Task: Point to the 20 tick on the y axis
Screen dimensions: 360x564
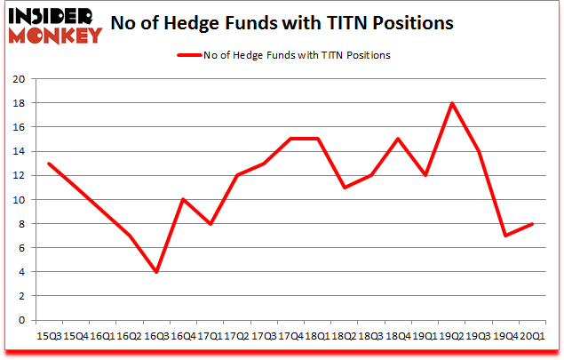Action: pyautogui.click(x=20, y=78)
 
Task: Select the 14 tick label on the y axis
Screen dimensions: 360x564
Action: pyautogui.click(x=20, y=151)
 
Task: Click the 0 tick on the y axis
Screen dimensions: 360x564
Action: pyautogui.click(x=23, y=321)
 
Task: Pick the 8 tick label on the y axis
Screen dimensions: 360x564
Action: pyautogui.click(x=23, y=224)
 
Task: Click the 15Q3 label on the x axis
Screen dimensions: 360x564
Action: pyautogui.click(x=48, y=336)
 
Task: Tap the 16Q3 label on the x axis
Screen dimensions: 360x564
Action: pyautogui.click(x=156, y=336)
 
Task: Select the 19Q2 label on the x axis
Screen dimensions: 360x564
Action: pyautogui.click(x=453, y=336)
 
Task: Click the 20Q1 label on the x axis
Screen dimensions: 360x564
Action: pyautogui.click(x=533, y=336)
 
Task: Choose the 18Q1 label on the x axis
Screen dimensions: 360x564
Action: pyautogui.click(x=318, y=336)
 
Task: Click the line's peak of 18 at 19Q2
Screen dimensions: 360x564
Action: pyautogui.click(x=453, y=103)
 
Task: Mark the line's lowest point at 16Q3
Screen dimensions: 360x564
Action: pyautogui.click(x=156, y=272)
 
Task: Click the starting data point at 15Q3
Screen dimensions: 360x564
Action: pyautogui.click(x=48, y=164)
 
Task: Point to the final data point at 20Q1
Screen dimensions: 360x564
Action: pyautogui.click(x=533, y=224)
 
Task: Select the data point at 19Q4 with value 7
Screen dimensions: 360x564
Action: pyautogui.click(x=506, y=236)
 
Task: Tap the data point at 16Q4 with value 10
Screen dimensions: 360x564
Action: pyautogui.click(x=183, y=200)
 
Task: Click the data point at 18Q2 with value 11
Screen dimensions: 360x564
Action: pyautogui.click(x=345, y=188)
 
